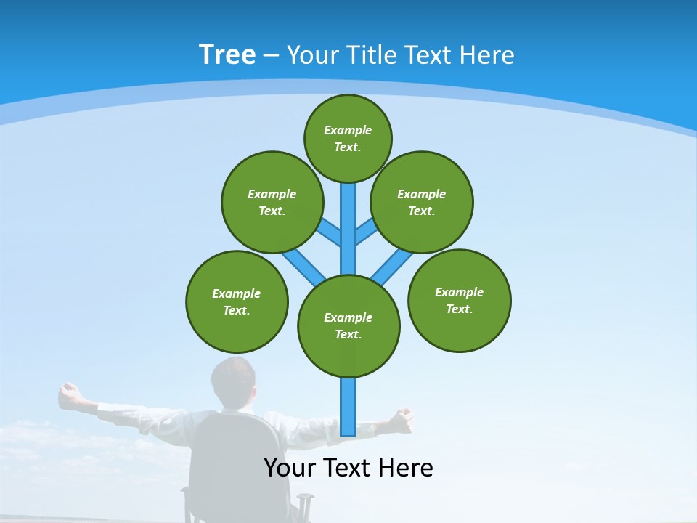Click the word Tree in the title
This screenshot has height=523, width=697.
pos(227,55)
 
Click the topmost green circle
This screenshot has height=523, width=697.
pos(348,138)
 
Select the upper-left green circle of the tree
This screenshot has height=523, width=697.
pos(272,202)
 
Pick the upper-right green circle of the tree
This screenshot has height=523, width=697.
pos(422,202)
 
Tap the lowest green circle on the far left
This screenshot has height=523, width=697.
pos(237,301)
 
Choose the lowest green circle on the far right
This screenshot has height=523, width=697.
pos(460,300)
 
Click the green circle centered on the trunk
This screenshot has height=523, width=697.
pos(348,325)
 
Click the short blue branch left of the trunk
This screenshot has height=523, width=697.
pos(329,232)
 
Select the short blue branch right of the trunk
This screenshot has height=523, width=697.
pos(367,232)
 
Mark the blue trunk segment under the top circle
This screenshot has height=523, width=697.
pos(348,218)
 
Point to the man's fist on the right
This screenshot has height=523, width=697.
pos(402,420)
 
